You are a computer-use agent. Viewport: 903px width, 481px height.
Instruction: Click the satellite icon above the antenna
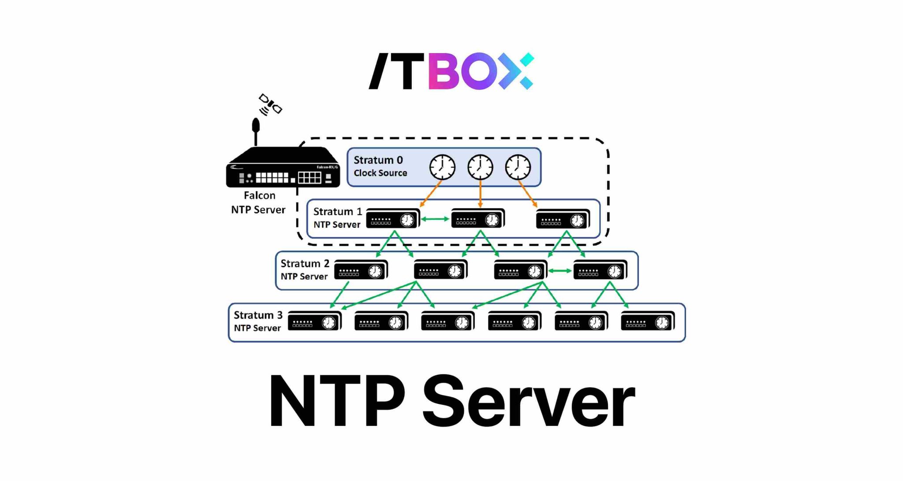270,104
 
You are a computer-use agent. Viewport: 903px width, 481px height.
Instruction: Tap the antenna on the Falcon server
255,130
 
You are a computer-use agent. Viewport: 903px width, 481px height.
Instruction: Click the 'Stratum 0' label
378,160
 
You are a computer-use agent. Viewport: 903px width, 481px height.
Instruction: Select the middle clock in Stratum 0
480,167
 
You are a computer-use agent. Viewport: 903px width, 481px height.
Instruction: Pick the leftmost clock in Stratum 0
442,167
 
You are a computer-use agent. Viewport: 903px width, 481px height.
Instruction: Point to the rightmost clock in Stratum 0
518,167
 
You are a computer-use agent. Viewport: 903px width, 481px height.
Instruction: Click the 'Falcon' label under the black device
259,195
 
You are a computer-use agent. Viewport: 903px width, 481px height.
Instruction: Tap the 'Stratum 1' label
337,211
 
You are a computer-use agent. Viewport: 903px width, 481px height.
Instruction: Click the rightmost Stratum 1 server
563,219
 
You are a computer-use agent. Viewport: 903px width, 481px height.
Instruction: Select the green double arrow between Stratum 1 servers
435,219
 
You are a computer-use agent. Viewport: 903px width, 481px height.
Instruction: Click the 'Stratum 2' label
305,263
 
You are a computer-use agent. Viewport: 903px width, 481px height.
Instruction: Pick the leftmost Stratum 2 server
361,270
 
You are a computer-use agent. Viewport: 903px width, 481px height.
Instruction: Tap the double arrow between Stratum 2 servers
560,271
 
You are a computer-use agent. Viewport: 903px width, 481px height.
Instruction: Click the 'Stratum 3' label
258,315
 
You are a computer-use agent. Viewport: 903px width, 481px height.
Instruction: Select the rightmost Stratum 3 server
647,322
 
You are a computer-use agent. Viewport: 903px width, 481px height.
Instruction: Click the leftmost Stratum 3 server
314,322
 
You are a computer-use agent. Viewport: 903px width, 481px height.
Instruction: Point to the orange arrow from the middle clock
480,194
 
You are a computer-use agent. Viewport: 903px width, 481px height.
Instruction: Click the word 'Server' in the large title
528,402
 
